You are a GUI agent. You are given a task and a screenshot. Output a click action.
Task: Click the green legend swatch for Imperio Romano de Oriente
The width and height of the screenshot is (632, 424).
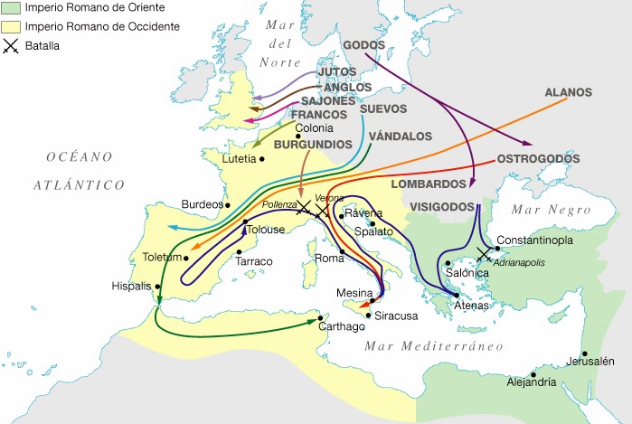pos(10,9)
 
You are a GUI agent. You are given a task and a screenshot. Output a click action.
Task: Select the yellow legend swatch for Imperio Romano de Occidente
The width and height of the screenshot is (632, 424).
pos(10,26)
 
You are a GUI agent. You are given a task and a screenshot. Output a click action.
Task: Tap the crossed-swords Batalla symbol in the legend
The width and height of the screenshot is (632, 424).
pos(10,44)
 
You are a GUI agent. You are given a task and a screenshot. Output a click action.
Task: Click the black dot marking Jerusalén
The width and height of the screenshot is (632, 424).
pos(585,353)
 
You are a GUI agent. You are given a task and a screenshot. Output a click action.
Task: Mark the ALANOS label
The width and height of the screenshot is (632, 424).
pos(568,92)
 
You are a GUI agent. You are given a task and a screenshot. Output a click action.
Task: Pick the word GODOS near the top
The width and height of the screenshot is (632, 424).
pos(363,45)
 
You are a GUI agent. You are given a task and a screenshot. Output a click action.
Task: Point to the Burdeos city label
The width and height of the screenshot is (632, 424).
pos(202,204)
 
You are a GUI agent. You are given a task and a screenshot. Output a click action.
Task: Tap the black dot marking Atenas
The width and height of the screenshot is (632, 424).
pos(457,294)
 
